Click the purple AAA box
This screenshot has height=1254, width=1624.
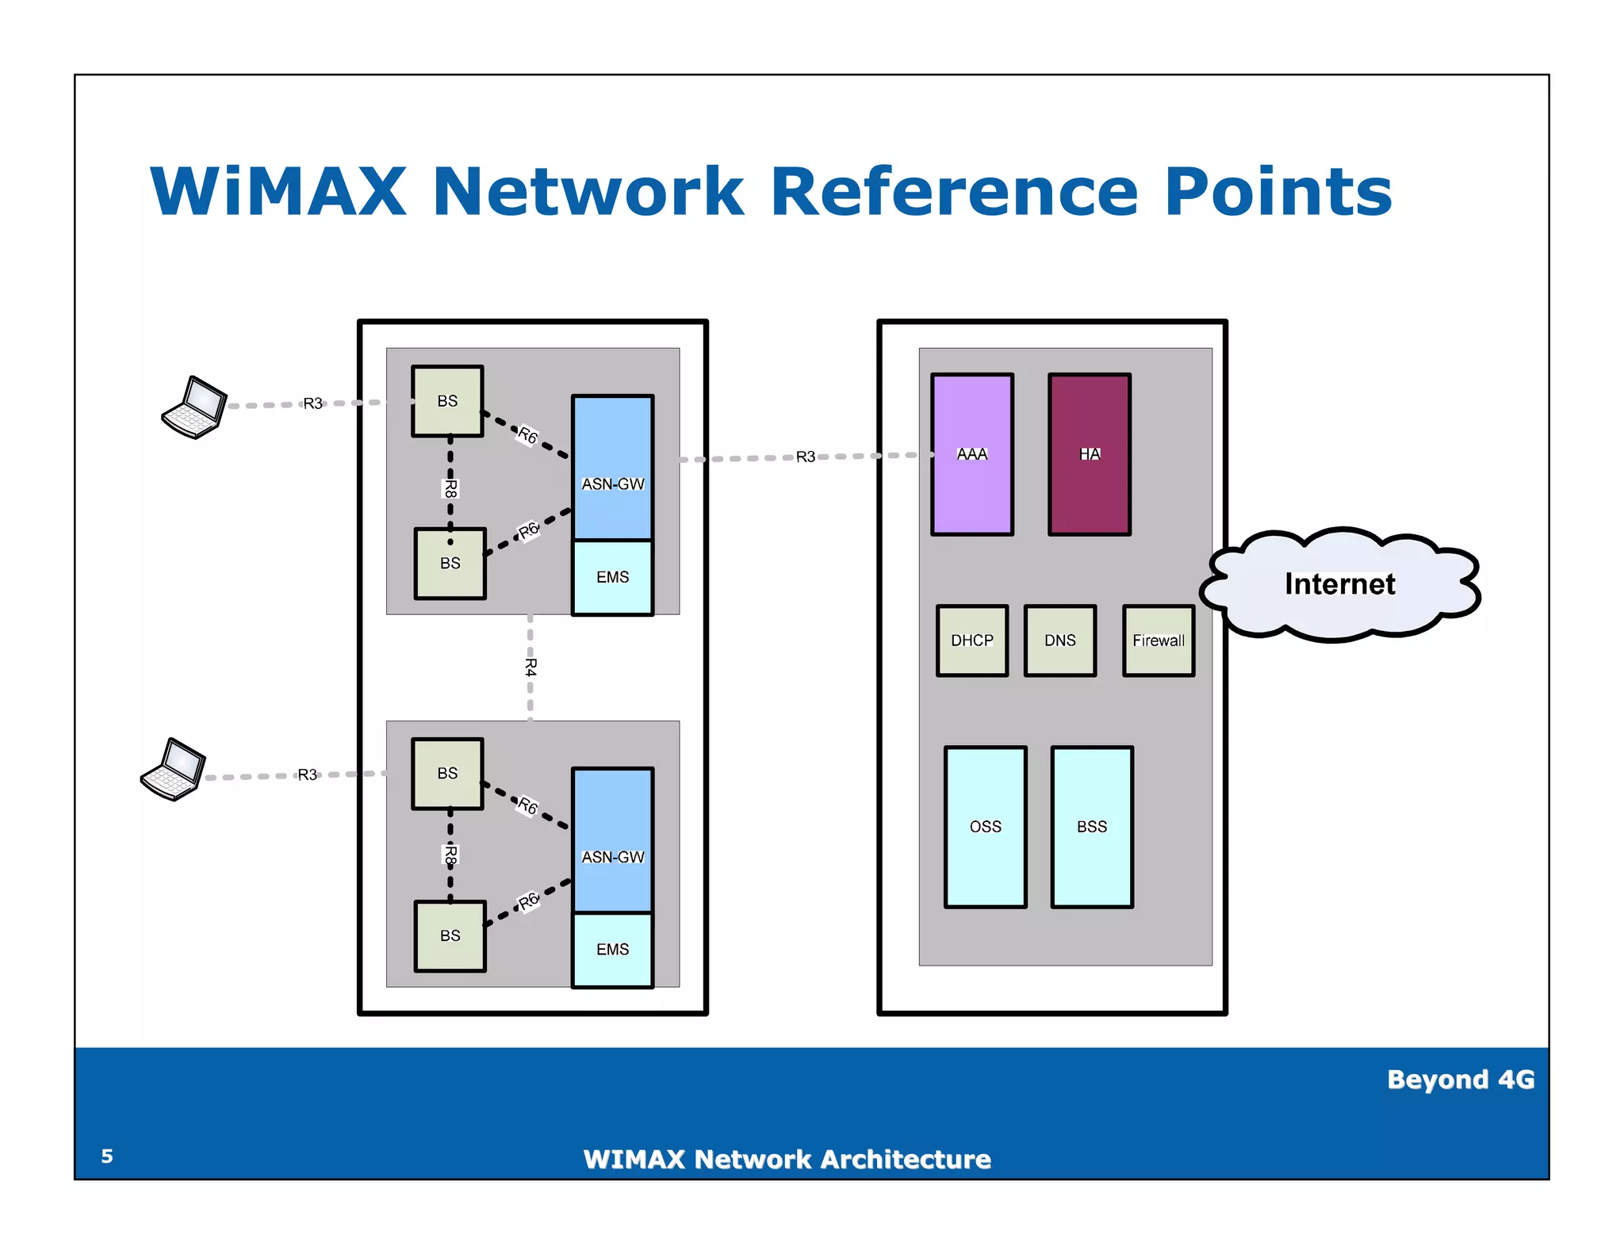tap(971, 454)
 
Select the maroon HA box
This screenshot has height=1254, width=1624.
tap(1089, 454)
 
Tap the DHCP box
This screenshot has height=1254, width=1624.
tap(971, 640)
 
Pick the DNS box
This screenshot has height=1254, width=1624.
tap(1059, 640)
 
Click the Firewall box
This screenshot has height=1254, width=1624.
tap(1158, 640)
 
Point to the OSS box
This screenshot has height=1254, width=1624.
tap(985, 827)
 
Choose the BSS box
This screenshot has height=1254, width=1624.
tap(1091, 827)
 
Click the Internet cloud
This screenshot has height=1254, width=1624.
tap(1339, 584)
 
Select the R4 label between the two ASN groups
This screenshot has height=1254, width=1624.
tap(530, 667)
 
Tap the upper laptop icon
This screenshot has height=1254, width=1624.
tap(194, 407)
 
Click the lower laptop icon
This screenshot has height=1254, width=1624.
tap(173, 770)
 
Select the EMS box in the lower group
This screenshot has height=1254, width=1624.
tap(612, 950)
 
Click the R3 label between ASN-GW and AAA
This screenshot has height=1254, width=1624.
tap(805, 457)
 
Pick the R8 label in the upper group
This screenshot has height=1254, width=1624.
tap(450, 488)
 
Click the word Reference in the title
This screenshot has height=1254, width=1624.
tap(954, 192)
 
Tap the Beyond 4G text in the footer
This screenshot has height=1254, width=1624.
tap(1460, 1080)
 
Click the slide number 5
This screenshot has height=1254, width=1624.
tap(107, 1157)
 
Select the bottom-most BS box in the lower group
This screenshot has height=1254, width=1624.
tap(450, 936)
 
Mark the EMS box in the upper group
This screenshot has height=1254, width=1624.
tap(612, 577)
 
